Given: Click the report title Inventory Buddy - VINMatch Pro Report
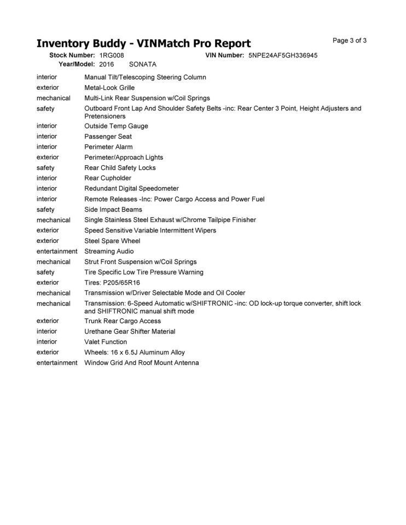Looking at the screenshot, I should tap(143, 43).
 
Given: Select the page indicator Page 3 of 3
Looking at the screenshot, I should tap(350, 40).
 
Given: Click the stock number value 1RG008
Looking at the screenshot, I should tap(112, 56).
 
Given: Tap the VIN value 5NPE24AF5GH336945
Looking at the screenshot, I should tap(283, 56).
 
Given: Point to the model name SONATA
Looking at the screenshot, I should tap(142, 65).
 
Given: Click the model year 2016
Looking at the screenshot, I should tap(107, 65).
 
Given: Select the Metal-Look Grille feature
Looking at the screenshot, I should tap(109, 87).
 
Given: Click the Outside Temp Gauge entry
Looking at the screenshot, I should tap(116, 126).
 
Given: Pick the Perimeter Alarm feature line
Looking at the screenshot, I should tap(108, 147).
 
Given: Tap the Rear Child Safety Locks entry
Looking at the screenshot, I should tap(120, 167).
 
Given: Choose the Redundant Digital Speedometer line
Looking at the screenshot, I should tap(131, 188).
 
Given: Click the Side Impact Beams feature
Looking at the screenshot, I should tap(113, 209).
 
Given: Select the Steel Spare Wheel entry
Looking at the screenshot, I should tap(112, 241).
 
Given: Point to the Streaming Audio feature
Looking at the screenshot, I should tap(109, 251).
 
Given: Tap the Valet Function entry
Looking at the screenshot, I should tap(106, 342).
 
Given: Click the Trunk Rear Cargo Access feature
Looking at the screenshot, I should tap(123, 321).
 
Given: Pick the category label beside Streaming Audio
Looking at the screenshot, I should tap(57, 251).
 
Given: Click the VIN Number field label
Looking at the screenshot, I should tap(224, 56).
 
